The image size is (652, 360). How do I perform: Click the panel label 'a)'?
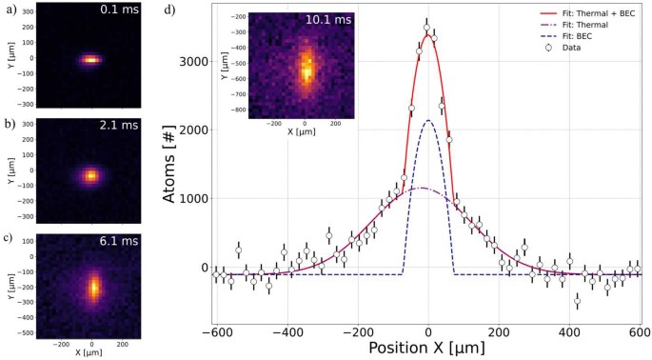pyautogui.click(x=9, y=10)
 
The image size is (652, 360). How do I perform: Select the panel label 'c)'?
pyautogui.click(x=9, y=238)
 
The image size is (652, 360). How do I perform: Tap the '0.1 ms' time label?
pyautogui.click(x=120, y=11)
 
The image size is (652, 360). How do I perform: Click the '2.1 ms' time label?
pyautogui.click(x=120, y=127)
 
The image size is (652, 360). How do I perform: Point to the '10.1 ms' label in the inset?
pyautogui.click(x=328, y=19)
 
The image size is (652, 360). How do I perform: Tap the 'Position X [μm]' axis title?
pyautogui.click(x=427, y=349)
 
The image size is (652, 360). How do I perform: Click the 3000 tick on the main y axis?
pyautogui.click(x=195, y=62)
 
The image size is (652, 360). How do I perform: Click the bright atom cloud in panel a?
pyautogui.click(x=90, y=59)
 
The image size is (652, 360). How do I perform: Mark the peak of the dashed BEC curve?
pyautogui.click(x=429, y=120)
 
